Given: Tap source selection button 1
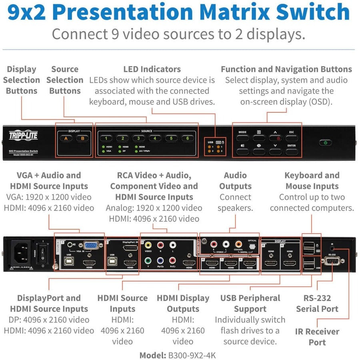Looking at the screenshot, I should [x=107, y=139].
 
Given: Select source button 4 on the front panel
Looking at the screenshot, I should [x=155, y=139].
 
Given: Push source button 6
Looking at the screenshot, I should [x=187, y=139].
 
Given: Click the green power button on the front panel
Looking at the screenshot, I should [x=325, y=142].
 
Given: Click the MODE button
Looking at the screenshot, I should [x=242, y=137].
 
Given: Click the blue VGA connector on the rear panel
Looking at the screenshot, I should [x=91, y=246].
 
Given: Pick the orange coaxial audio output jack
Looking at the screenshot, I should [x=239, y=244].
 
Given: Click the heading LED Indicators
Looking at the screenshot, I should [x=152, y=69].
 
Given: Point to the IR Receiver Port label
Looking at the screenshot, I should [x=317, y=337].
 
